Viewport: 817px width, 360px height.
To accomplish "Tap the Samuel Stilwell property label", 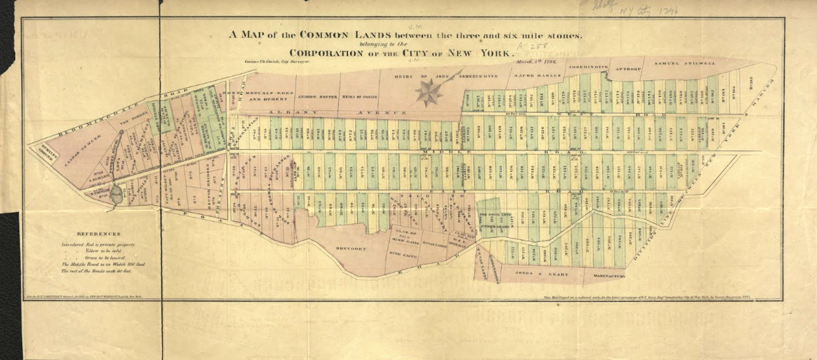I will click(684, 63).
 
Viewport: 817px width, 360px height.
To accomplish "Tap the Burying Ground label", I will click(45, 148).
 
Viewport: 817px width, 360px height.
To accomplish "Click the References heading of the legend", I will click(99, 233).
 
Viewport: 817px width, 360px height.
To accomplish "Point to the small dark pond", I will click(116, 194).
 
